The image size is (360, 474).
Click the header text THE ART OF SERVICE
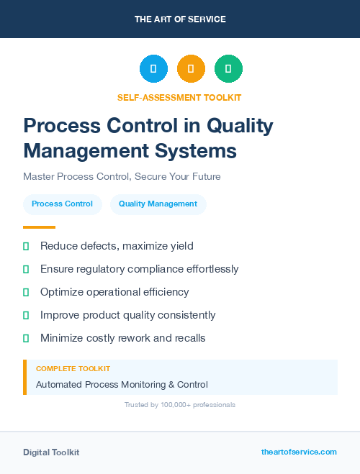point(180,19)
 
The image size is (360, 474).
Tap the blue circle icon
point(153,69)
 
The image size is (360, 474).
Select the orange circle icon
point(191,69)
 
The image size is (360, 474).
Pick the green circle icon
point(228,69)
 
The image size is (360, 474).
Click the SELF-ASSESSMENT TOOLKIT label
point(179,97)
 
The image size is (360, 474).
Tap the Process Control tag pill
point(62,204)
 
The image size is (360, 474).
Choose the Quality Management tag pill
point(158,204)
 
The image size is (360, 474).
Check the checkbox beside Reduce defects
point(26,246)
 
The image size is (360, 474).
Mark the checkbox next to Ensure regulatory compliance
point(26,269)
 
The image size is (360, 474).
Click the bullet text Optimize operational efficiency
point(114,292)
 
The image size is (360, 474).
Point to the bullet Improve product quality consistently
point(127,315)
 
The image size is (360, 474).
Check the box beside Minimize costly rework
point(26,338)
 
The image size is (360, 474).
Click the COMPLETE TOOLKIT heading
point(73,368)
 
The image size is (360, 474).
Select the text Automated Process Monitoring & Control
point(122,385)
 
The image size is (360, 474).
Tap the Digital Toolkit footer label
point(51,452)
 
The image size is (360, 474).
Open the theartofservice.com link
point(299,452)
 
